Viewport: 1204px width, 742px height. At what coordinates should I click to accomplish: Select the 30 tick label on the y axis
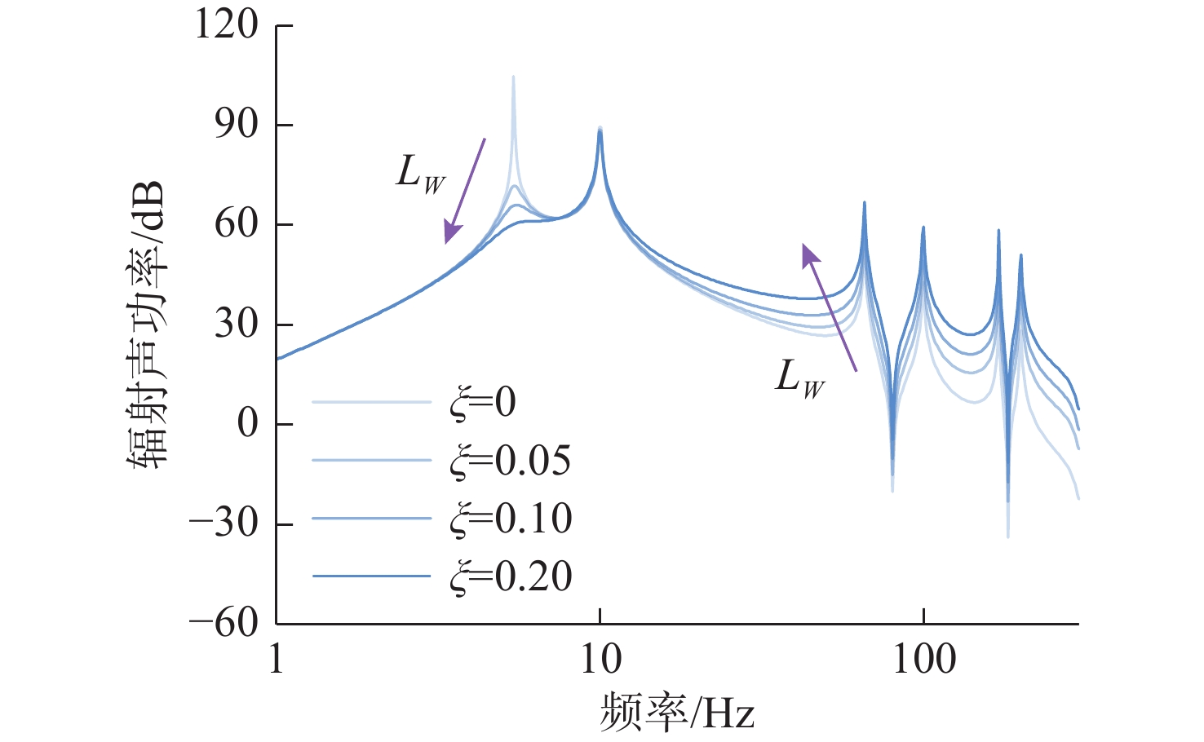[237, 324]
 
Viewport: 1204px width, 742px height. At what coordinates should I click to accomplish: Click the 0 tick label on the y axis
[247, 423]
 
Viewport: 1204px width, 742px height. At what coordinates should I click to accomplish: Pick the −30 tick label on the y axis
[224, 523]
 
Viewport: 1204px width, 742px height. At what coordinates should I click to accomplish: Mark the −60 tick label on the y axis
[224, 623]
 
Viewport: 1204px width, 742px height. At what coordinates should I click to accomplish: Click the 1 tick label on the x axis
[277, 659]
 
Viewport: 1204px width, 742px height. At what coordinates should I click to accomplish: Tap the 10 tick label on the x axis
[600, 659]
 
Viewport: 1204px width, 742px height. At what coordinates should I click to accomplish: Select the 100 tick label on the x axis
[923, 659]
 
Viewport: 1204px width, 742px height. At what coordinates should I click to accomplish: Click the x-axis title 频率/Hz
[677, 712]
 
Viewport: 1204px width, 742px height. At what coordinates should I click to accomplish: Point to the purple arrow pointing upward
[830, 307]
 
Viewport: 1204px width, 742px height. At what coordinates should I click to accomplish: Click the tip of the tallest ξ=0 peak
[513, 77]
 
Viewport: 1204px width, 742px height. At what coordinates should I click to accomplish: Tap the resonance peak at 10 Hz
[600, 129]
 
